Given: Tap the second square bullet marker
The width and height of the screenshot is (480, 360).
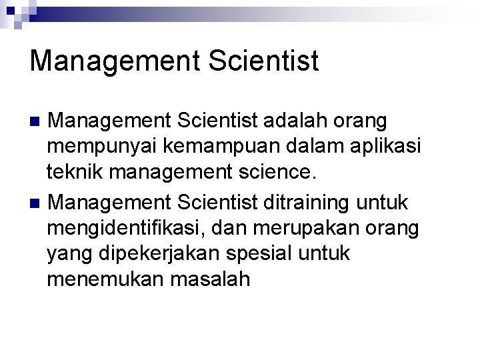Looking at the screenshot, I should [37, 202].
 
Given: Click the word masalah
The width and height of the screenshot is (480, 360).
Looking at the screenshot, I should [215, 280].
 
